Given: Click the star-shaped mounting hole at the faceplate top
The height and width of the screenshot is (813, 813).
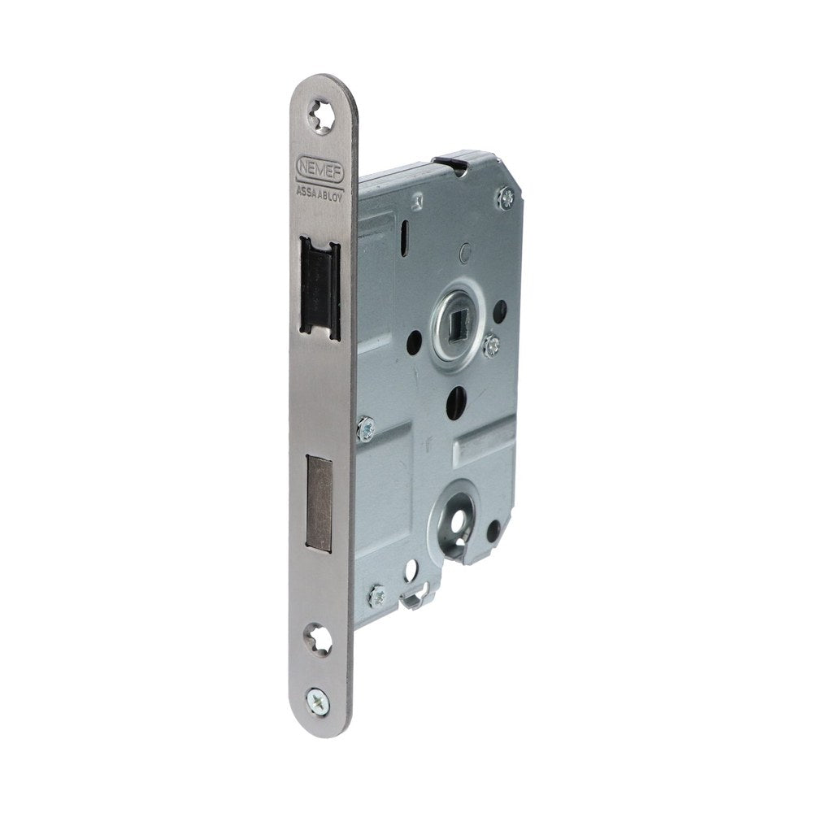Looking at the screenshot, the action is [320, 115].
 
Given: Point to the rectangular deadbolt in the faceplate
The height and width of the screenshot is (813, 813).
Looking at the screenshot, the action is [320, 502].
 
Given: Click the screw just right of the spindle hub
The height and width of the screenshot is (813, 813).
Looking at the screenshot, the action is [492, 346].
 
